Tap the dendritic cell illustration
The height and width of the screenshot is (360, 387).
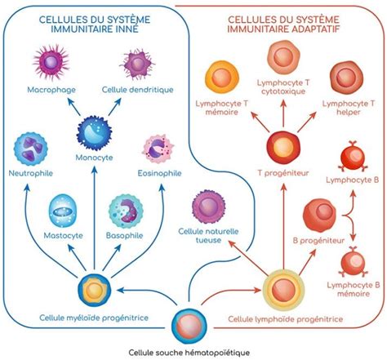click(137, 63)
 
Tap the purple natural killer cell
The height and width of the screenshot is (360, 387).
click(207, 207)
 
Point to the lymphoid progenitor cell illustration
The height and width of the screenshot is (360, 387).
click(285, 289)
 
